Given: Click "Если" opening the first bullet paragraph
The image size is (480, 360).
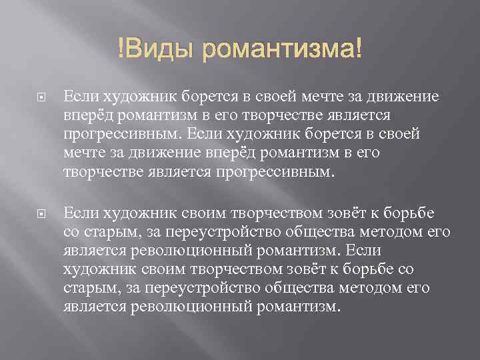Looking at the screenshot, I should pos(77,97).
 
